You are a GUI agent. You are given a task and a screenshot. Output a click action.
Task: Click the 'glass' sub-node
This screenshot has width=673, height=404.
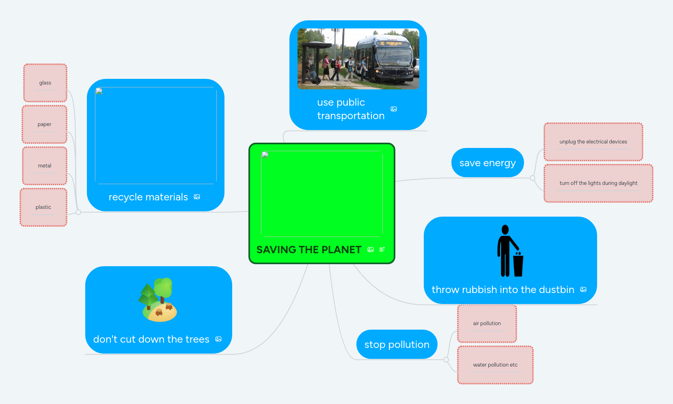(45, 83)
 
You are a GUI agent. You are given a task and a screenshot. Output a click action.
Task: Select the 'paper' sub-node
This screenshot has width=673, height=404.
(45, 124)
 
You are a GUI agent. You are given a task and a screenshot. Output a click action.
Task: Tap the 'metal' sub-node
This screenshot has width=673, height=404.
(45, 166)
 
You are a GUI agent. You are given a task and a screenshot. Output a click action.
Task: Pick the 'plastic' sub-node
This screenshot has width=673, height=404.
(43, 207)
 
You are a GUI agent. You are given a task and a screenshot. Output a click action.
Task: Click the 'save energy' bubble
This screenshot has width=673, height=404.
(487, 163)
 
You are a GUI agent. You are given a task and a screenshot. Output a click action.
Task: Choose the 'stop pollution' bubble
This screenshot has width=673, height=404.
(397, 345)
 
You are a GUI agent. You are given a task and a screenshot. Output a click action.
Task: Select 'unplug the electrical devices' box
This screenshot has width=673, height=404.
(593, 142)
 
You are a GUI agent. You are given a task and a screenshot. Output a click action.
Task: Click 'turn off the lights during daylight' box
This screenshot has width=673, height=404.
(598, 183)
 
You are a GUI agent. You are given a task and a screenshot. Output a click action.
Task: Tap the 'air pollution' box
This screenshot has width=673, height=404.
(487, 324)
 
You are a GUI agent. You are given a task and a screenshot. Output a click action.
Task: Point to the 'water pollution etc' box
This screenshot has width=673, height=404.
(495, 365)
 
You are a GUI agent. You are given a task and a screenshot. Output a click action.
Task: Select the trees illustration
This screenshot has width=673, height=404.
(158, 300)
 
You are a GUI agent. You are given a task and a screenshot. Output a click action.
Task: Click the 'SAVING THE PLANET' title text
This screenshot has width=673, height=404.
(309, 250)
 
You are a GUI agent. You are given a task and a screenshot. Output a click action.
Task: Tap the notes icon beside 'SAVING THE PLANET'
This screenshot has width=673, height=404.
(382, 250)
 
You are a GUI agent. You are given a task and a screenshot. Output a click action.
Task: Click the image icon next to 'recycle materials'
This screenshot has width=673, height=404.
(197, 197)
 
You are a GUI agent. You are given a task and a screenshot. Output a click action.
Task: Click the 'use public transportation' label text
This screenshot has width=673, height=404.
(351, 109)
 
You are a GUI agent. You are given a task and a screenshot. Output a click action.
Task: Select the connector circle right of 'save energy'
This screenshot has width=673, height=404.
(533, 178)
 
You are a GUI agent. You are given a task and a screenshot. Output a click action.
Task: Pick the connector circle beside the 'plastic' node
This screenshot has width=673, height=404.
(78, 212)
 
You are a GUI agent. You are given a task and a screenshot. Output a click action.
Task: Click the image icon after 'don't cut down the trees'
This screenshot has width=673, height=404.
(218, 339)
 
